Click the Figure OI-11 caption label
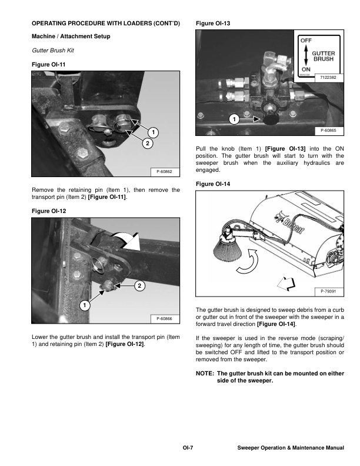[x=48, y=64]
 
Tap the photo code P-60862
[x=164, y=172]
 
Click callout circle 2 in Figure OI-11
[x=147, y=143]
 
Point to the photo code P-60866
[x=164, y=318]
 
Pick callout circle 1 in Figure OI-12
[x=85, y=305]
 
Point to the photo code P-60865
[x=329, y=131]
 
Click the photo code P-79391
[x=329, y=291]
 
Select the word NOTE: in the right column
[x=205, y=374]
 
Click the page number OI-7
[x=188, y=448]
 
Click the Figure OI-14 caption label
[x=212, y=185]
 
